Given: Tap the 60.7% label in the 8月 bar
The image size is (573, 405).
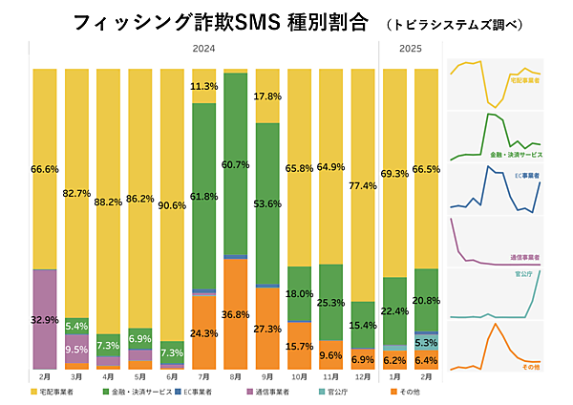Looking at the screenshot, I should [237, 165].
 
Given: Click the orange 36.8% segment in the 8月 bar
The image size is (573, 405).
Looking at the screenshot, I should [237, 314].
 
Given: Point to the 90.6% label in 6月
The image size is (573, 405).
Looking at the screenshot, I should [173, 204].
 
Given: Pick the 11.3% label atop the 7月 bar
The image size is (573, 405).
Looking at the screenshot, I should [204, 86].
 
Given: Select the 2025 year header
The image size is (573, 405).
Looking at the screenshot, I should [412, 49].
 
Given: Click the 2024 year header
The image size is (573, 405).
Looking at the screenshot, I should [203, 49].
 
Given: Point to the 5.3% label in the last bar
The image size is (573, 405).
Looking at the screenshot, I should [427, 342].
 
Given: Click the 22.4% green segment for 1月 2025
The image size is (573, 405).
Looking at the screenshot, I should [395, 310].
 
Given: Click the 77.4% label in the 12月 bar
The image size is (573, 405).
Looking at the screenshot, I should [363, 212].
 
